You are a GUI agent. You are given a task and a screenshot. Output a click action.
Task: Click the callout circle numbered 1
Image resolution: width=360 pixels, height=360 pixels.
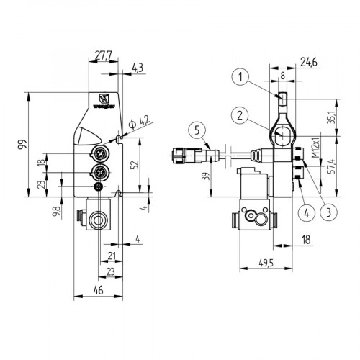[x=242, y=76]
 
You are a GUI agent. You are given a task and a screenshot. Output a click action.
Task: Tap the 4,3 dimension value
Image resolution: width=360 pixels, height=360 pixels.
[x=138, y=68]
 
